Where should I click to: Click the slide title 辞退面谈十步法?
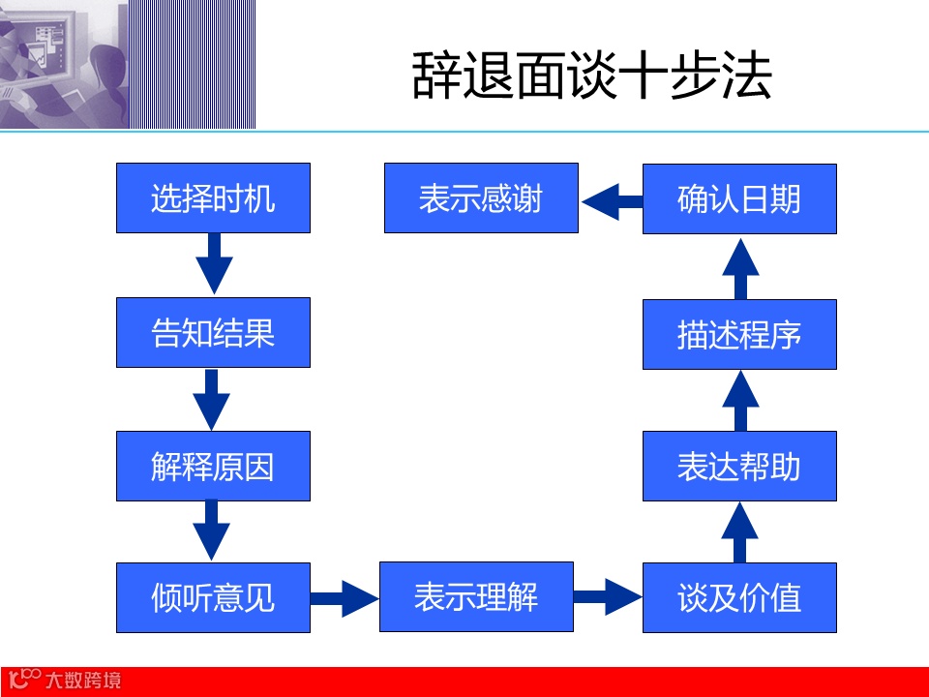[x=591, y=76]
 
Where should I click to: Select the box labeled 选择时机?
[x=213, y=198]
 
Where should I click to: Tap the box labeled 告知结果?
[x=213, y=332]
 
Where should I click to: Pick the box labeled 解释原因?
[x=213, y=466]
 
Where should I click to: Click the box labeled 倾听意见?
[x=213, y=597]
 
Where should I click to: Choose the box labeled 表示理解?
[x=476, y=596]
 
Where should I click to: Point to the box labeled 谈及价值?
[x=739, y=597]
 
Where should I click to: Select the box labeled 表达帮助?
[x=739, y=466]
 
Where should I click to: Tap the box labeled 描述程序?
[x=739, y=334]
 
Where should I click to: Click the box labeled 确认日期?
[x=739, y=198]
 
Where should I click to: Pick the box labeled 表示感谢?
[x=481, y=198]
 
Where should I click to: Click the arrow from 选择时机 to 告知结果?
[x=213, y=263]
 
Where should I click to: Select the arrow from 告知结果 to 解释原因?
[x=213, y=398]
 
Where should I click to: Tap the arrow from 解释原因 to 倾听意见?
[x=213, y=530]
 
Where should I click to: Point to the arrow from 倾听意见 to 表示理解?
[x=345, y=597]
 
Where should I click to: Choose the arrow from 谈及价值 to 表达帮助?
[x=739, y=532]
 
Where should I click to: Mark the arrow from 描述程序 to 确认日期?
[x=739, y=267]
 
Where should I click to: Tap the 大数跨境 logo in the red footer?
[x=64, y=680]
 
